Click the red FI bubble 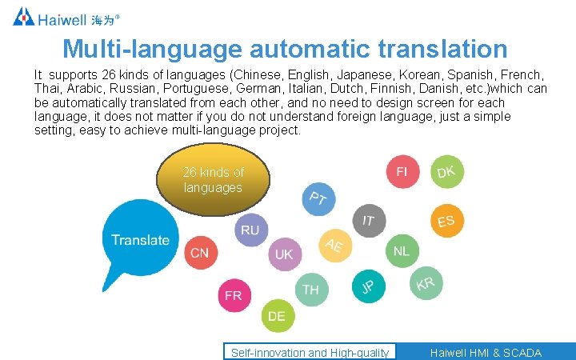tap(402, 172)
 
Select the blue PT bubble tap(318, 198)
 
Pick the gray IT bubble tap(368, 220)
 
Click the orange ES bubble tap(446, 221)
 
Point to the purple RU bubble tap(250, 230)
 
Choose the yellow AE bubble tap(334, 245)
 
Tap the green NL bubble tap(401, 251)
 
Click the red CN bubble tap(199, 254)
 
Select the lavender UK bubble tap(284, 254)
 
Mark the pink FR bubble tap(234, 295)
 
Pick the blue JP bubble tap(367, 286)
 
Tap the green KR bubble tap(426, 283)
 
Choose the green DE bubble tap(277, 316)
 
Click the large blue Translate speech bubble tap(140, 238)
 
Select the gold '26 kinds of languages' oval tap(213, 180)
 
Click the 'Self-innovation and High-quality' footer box tap(310, 353)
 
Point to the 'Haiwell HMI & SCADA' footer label tap(485, 353)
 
